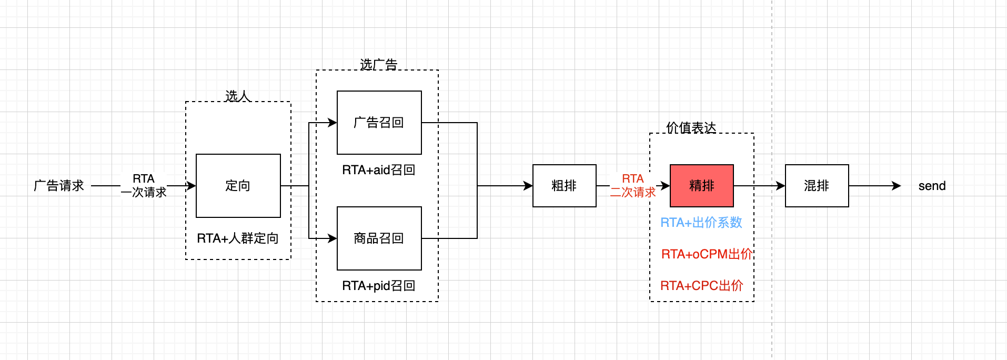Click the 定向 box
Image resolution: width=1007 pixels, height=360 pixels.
click(238, 186)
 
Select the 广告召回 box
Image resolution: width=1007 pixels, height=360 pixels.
click(379, 123)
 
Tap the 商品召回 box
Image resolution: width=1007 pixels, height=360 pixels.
click(379, 238)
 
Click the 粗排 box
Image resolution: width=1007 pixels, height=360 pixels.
click(564, 186)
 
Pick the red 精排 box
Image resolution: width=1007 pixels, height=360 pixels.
click(701, 186)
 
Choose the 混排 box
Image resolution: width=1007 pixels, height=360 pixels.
click(817, 186)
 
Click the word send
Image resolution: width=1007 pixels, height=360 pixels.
click(932, 186)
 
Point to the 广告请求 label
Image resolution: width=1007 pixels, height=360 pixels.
click(59, 186)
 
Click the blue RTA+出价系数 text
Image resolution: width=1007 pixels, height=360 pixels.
click(701, 223)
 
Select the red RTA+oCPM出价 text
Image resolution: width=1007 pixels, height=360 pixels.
click(707, 254)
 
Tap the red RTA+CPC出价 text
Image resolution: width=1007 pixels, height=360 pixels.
click(701, 286)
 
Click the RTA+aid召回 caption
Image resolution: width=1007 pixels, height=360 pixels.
click(379, 170)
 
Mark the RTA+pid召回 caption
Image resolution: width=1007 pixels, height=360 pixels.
click(379, 286)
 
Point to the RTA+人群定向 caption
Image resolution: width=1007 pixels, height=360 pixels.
click(238, 238)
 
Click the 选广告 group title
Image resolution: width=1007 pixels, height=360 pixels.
click(378, 65)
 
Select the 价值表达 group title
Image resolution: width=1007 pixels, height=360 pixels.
click(691, 128)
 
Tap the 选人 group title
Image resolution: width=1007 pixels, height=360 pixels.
click(237, 96)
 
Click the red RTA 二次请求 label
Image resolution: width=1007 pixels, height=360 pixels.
click(633, 186)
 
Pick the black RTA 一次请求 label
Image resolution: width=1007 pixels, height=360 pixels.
click(144, 186)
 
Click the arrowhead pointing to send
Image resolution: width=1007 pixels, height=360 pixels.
click(897, 186)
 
